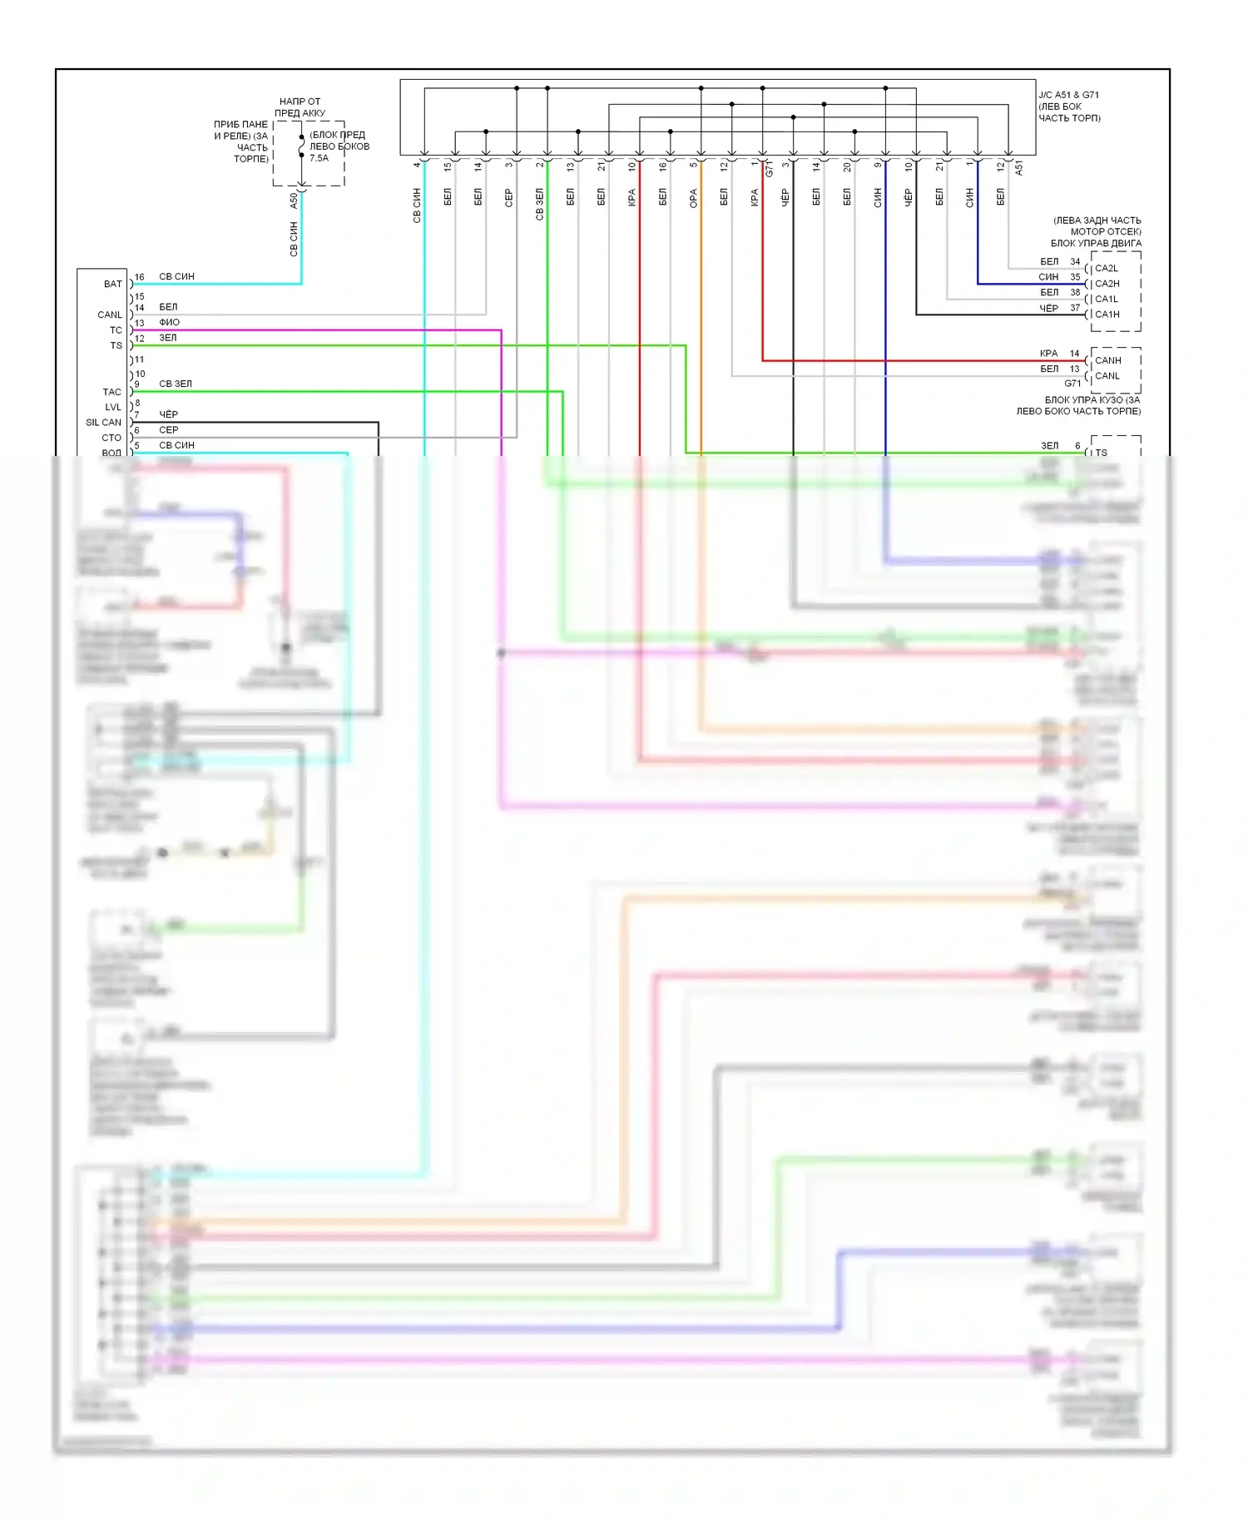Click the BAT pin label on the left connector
(x=112, y=285)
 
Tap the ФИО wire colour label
(x=169, y=322)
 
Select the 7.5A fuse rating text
(x=319, y=158)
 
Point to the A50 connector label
(x=294, y=201)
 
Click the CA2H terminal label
(x=1107, y=284)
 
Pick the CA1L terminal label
(x=1107, y=300)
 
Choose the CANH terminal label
(x=1107, y=360)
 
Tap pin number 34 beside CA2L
(x=1075, y=261)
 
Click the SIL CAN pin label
(x=103, y=423)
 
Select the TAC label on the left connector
(x=111, y=392)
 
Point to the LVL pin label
(x=113, y=408)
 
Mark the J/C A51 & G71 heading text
(x=1068, y=95)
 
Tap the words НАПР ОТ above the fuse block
(x=300, y=102)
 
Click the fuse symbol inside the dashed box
(x=301, y=147)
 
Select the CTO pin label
(x=111, y=438)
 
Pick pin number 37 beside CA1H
(x=1075, y=308)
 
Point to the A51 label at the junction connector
(x=1018, y=168)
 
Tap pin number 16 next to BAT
(x=140, y=277)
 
